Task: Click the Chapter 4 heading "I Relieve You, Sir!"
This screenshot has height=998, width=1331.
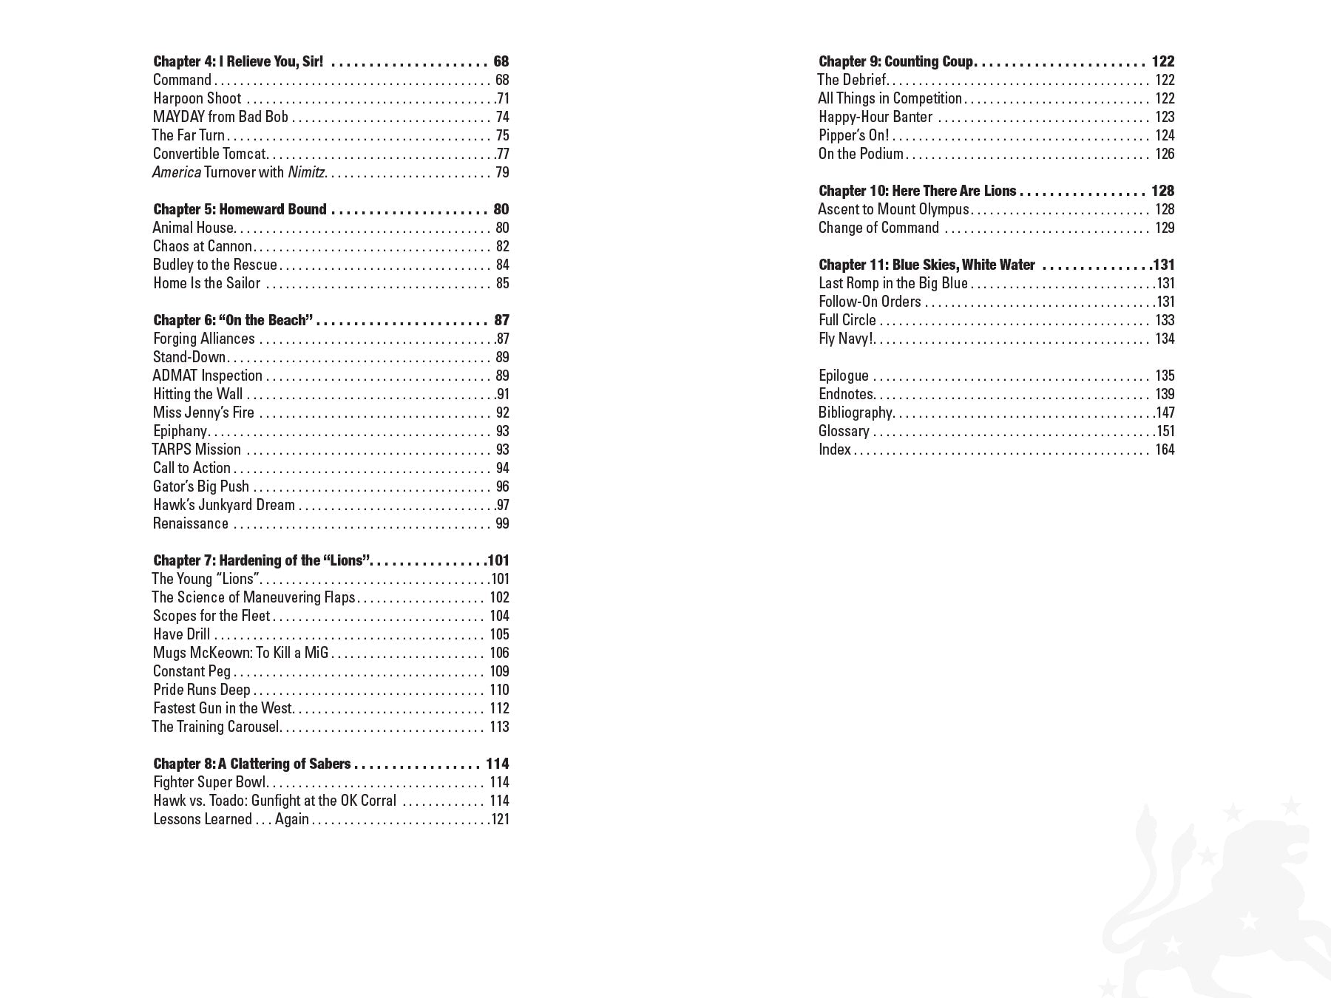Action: [238, 61]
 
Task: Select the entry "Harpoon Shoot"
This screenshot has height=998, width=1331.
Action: [197, 98]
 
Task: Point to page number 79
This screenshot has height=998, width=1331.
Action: [502, 172]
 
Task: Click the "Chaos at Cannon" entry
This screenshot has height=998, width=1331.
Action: [202, 246]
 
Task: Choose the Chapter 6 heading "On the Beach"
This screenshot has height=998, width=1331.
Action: [233, 320]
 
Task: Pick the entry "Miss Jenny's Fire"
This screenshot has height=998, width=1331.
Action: [203, 413]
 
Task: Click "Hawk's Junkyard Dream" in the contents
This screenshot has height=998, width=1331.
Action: [223, 505]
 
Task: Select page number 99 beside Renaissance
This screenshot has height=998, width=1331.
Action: [502, 523]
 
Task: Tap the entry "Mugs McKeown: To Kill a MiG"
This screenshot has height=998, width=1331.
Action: [240, 653]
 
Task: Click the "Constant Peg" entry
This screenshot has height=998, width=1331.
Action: [192, 671]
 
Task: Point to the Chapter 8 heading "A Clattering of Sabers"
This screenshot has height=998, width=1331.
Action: [251, 764]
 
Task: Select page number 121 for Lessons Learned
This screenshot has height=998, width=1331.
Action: [499, 819]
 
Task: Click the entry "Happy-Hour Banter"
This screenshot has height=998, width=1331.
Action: [876, 117]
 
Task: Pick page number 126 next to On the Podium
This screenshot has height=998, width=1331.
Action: [1165, 154]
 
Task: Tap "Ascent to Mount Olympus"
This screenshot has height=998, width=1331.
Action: [893, 209]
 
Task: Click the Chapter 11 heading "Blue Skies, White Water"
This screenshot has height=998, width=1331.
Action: [927, 265]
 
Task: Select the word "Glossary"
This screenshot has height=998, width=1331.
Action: [843, 431]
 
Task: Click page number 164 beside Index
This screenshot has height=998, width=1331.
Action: [1165, 449]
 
